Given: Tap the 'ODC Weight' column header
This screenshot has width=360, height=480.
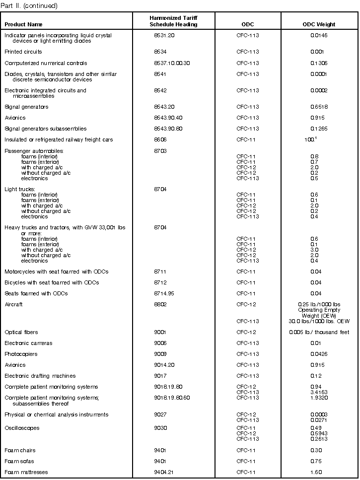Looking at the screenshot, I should [319, 24].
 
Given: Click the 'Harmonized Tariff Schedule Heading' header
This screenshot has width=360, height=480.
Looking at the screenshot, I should [173, 21].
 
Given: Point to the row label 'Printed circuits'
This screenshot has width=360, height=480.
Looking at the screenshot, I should [23, 52].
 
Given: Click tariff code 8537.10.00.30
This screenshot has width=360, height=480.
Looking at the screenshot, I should [172, 63].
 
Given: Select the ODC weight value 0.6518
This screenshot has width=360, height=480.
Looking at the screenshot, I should [318, 107].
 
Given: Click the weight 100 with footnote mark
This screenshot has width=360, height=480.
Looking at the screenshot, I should [310, 139].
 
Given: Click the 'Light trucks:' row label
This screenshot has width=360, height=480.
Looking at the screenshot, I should [20, 189].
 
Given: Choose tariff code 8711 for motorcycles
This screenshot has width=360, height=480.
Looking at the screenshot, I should [160, 272].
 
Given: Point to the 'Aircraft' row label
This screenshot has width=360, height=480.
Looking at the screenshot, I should [13, 304].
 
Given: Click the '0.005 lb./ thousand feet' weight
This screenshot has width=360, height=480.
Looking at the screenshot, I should [319, 332].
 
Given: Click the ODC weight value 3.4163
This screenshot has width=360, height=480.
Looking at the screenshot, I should [318, 392].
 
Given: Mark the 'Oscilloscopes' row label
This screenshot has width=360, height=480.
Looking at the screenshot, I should [22, 428].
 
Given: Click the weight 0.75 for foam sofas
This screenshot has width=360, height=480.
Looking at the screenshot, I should [315, 461].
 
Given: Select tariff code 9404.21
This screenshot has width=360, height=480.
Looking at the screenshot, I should [164, 472].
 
